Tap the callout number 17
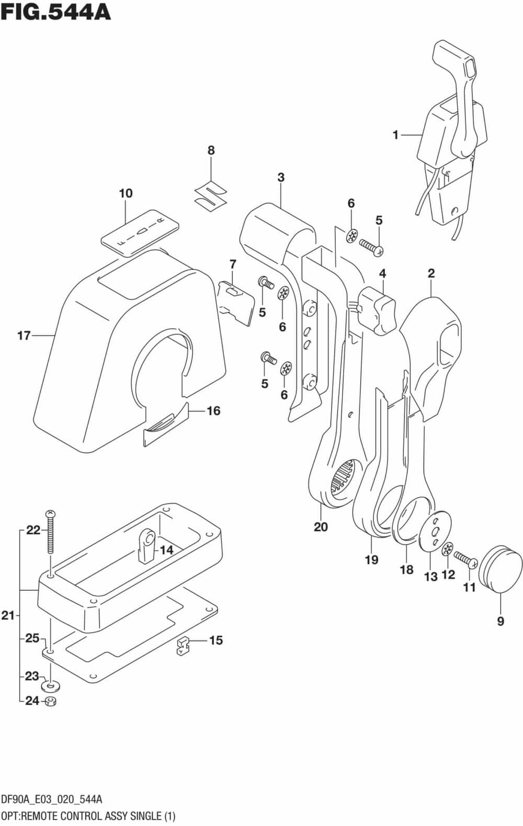(24, 335)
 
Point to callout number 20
(321, 526)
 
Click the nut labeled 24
(51, 701)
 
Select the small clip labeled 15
(182, 646)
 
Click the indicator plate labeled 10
(140, 232)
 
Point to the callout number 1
(395, 135)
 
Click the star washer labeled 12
(448, 549)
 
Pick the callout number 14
(166, 550)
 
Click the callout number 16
(213, 411)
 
